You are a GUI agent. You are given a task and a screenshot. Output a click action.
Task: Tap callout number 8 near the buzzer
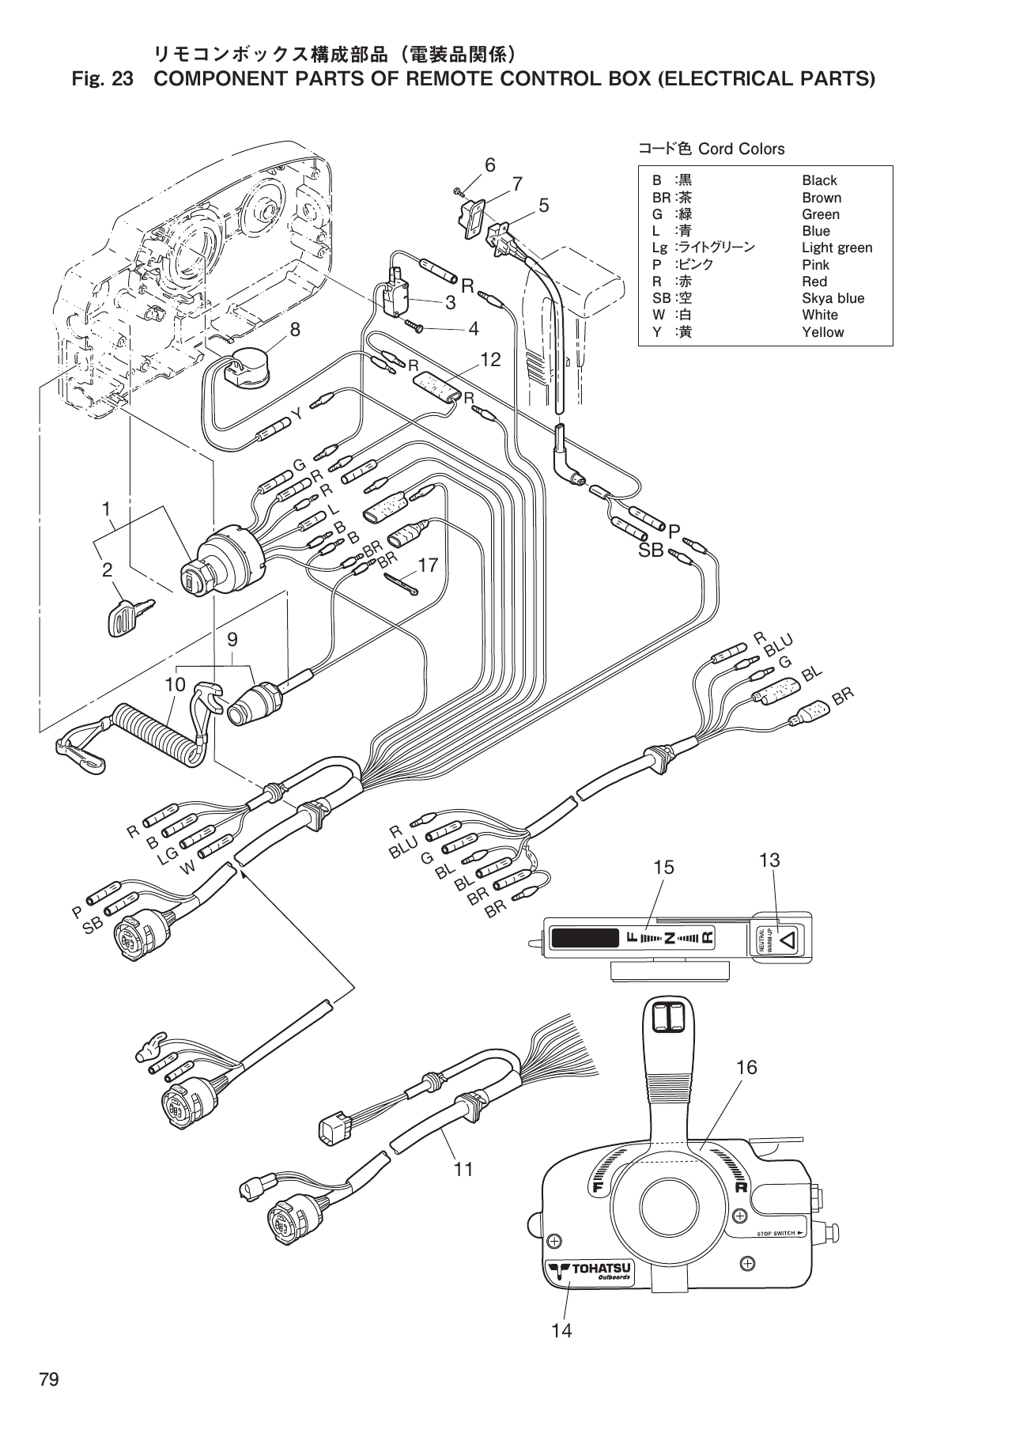click(295, 330)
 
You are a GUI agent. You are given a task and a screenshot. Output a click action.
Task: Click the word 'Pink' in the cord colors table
click(814, 265)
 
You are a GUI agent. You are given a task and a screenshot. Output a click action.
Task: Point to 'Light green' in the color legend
click(837, 248)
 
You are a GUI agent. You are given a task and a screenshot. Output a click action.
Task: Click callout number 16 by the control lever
click(746, 1067)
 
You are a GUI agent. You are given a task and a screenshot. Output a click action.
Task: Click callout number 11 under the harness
click(463, 1168)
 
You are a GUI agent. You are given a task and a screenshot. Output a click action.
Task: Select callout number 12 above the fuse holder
click(490, 359)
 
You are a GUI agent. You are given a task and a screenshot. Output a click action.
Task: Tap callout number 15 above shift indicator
click(663, 868)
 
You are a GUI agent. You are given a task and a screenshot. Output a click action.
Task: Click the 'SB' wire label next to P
click(651, 551)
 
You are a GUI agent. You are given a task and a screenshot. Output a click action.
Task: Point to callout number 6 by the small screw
click(490, 165)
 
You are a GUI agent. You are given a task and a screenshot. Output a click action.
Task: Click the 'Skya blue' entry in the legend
click(833, 298)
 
